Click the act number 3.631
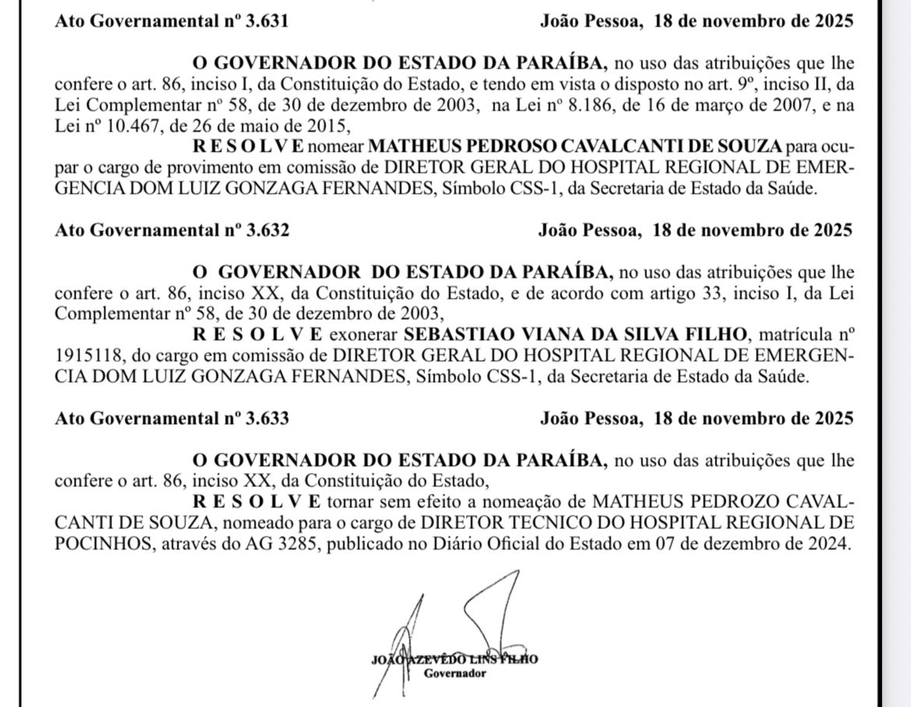[267, 21]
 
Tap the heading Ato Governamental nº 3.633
[172, 418]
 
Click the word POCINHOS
[104, 543]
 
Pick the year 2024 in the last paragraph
[826, 543]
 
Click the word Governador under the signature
[455, 674]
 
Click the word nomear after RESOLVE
[339, 145]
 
